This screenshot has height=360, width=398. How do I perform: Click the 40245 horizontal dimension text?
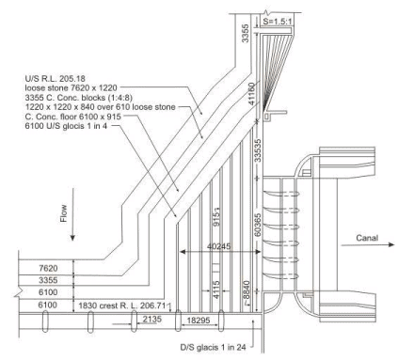[x=218, y=245]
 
